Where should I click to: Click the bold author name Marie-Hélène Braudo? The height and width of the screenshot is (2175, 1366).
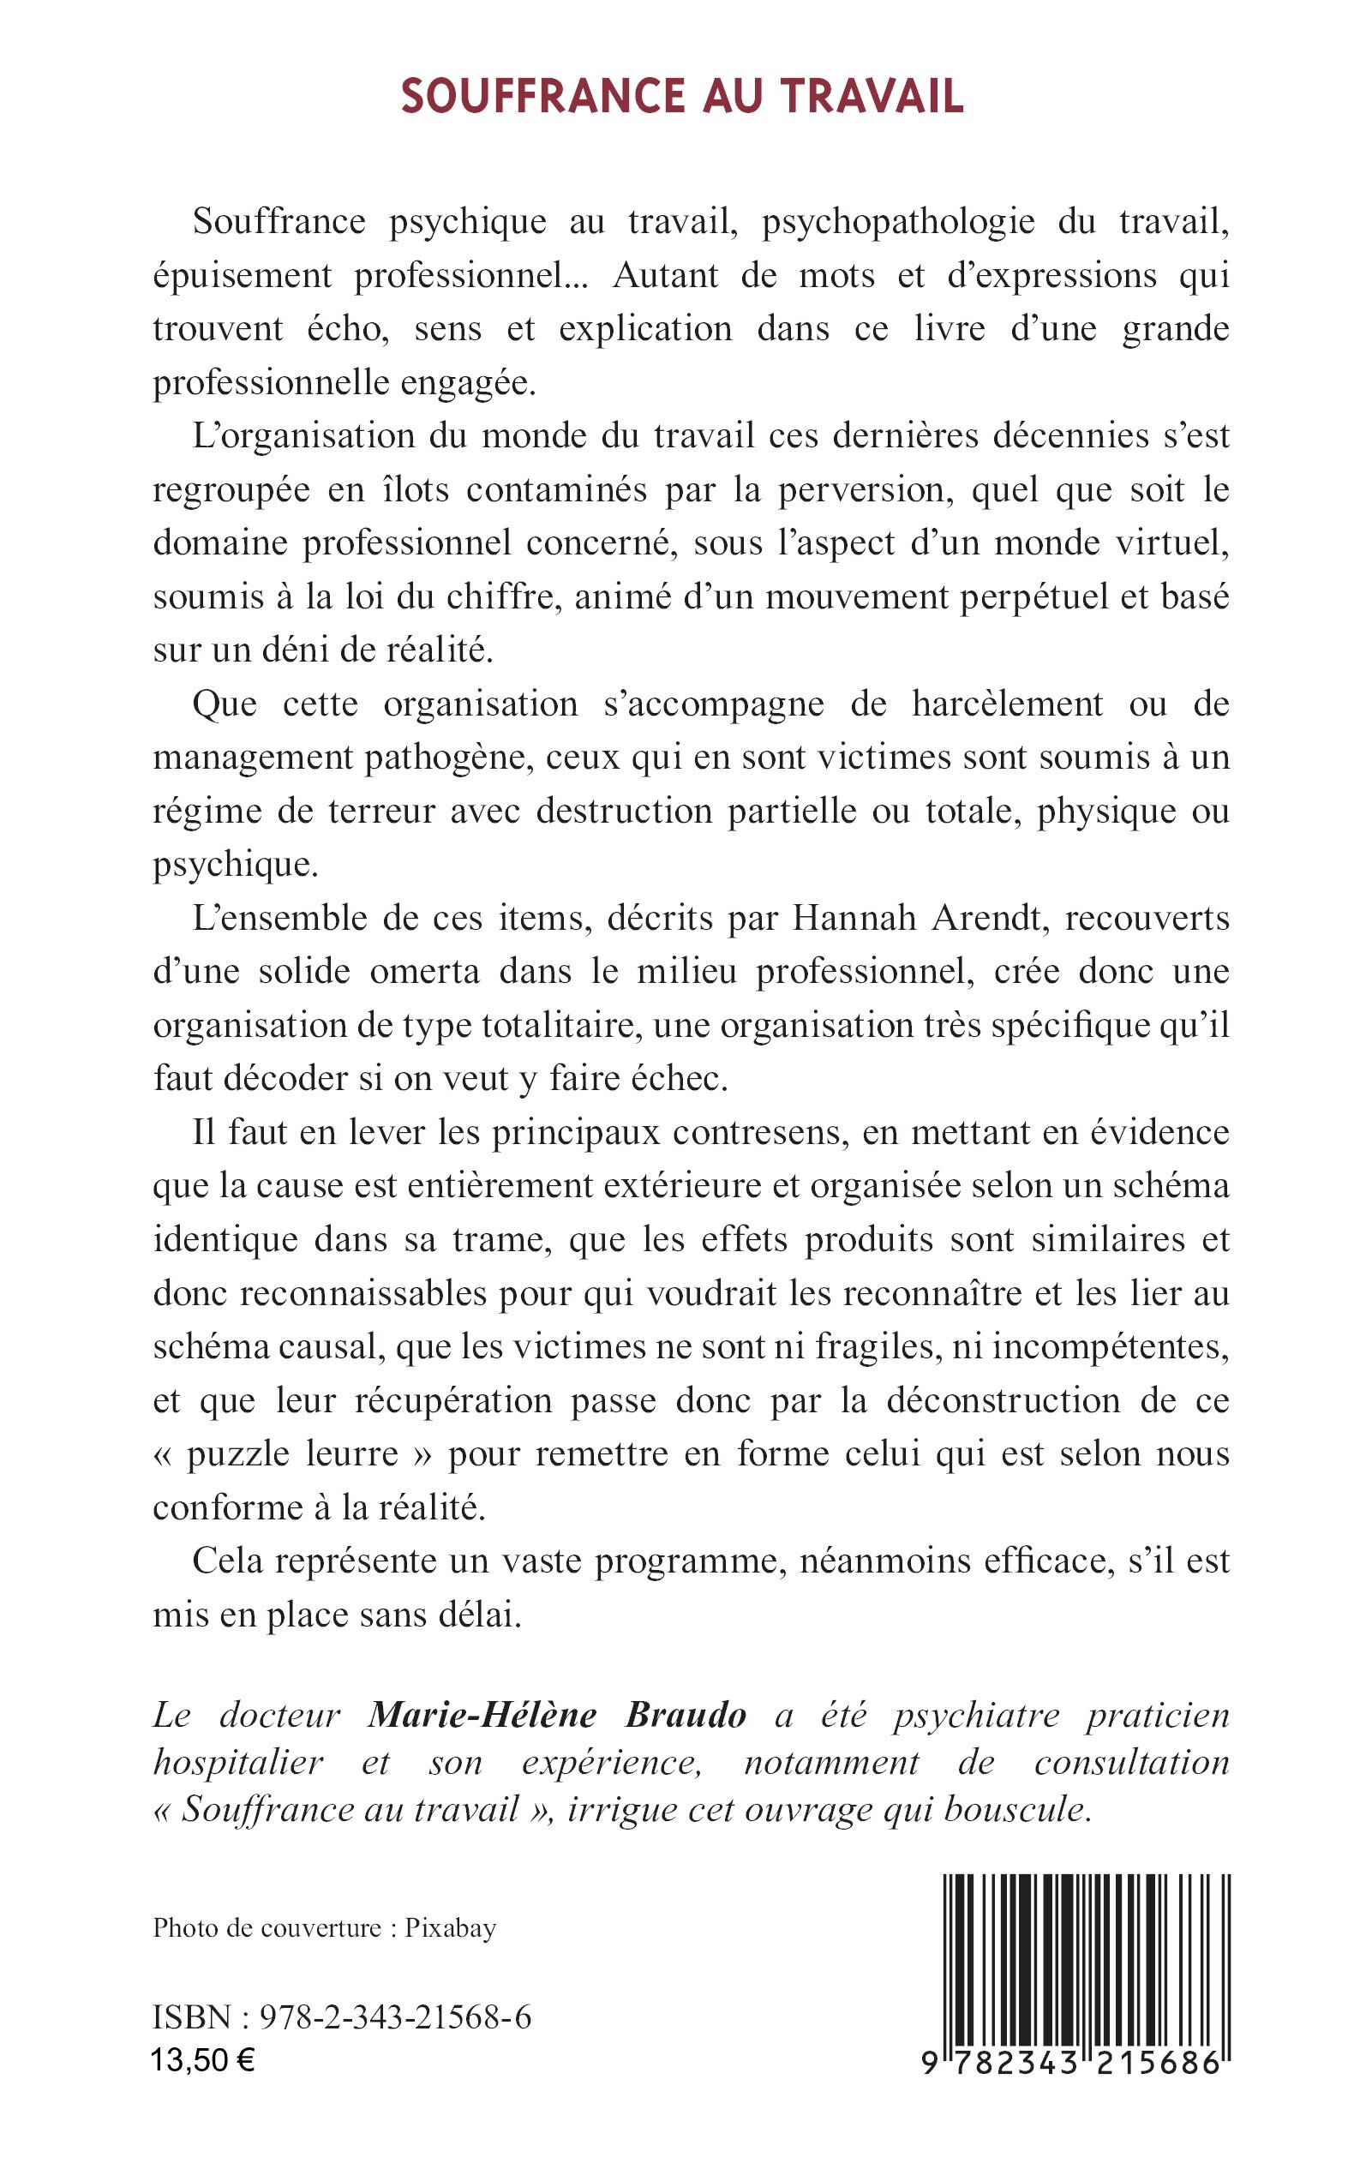(x=556, y=1714)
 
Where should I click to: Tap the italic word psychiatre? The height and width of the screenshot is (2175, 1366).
(x=976, y=1714)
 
